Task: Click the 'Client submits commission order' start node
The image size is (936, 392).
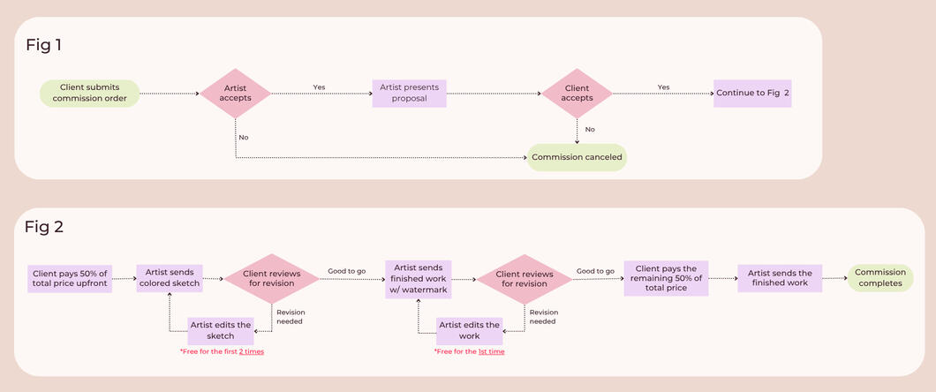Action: point(90,93)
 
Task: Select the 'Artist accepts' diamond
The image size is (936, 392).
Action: point(236,93)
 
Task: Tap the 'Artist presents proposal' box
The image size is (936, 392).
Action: point(409,93)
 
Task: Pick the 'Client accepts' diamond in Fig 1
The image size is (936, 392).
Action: point(577,93)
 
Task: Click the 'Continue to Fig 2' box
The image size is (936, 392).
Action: point(752,93)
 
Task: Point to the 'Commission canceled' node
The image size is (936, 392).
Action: point(577,157)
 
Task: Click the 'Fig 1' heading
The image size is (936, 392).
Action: point(43,44)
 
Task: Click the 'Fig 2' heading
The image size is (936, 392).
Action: point(44,227)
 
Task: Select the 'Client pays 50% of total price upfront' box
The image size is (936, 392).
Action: point(68,278)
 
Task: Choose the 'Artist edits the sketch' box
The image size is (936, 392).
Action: point(222,331)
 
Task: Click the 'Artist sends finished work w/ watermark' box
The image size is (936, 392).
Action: point(419,278)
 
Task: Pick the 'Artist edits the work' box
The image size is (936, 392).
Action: point(471,331)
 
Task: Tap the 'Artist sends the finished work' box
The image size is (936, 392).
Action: point(780,278)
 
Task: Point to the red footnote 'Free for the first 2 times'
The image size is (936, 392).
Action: point(222,351)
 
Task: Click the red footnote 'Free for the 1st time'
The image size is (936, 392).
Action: point(470,351)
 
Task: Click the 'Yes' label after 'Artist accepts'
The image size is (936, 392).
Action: point(319,87)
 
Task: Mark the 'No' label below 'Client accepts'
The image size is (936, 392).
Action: point(590,129)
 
